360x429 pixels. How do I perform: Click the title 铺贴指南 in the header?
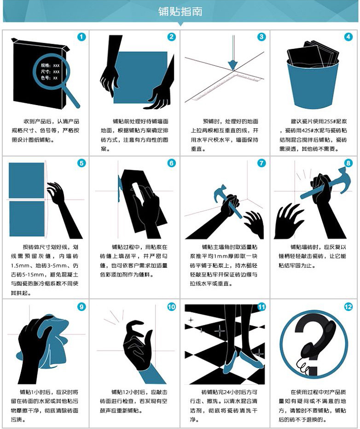180,11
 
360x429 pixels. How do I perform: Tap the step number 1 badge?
81,37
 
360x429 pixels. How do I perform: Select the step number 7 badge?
261,163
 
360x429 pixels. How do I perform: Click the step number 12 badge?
348,307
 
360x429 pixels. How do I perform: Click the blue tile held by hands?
140,77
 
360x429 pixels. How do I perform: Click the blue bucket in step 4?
313,83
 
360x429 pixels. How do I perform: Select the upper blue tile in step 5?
27,180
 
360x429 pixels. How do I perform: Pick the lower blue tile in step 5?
27,218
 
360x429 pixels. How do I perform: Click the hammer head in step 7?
221,192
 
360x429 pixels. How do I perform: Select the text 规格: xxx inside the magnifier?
50,65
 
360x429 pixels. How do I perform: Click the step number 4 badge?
348,37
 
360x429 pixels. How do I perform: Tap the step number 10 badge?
171,307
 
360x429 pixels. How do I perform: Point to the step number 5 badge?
81,163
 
